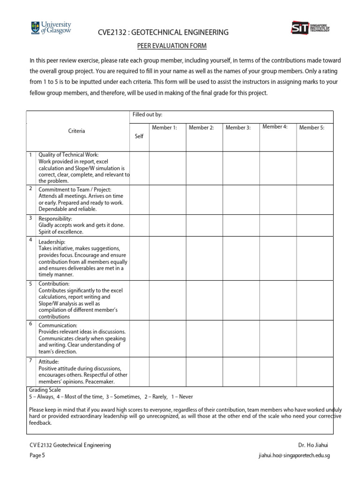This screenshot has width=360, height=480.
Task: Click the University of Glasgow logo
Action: (50, 28)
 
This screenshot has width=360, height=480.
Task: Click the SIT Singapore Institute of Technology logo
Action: (310, 28)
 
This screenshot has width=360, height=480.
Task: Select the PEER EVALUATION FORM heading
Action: (172, 45)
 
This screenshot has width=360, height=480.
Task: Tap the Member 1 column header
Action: (164, 127)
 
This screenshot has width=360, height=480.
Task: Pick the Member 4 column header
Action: (275, 127)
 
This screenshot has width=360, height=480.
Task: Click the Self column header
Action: (139, 136)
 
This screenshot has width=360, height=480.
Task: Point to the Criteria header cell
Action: (77, 131)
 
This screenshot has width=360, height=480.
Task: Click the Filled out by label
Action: (148, 115)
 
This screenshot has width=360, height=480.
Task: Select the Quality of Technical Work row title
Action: (68, 155)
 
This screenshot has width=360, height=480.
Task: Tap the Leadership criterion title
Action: (52, 242)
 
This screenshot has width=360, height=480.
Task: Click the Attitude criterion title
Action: (49, 362)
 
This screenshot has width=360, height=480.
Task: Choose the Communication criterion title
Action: (58, 325)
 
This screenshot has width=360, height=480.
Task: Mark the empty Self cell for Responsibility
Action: (139, 225)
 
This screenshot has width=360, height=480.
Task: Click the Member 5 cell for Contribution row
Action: (315, 300)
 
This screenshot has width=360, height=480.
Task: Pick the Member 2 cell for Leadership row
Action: (204, 258)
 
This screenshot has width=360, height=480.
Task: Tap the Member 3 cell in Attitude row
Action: (241, 371)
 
